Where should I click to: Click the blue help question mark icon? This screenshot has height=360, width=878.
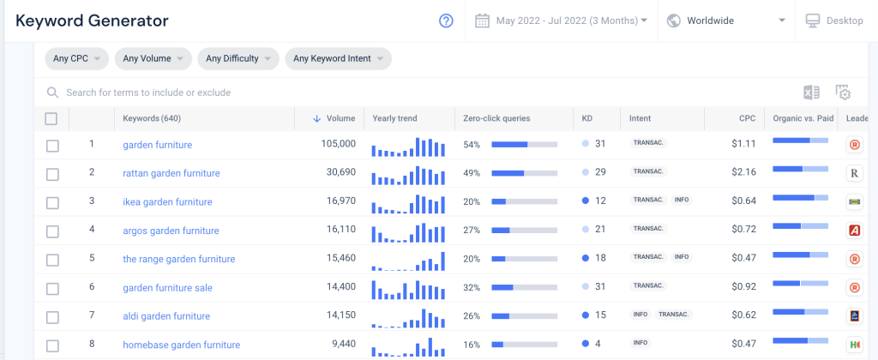pyautogui.click(x=446, y=21)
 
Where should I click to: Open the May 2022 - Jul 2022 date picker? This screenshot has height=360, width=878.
pyautogui.click(x=561, y=21)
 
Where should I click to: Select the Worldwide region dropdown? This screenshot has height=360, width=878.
pyautogui.click(x=726, y=21)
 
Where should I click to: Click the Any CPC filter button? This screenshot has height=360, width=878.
pyautogui.click(x=76, y=58)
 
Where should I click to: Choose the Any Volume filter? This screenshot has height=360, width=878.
pyautogui.click(x=153, y=58)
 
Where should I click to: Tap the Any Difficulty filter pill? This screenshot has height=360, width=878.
pyautogui.click(x=238, y=58)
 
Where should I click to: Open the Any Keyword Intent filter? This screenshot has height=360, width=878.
pyautogui.click(x=338, y=58)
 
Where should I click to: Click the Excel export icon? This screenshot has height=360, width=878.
pyautogui.click(x=811, y=93)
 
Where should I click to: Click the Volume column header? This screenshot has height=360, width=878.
pyautogui.click(x=334, y=118)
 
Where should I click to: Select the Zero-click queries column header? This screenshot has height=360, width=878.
pyautogui.click(x=496, y=118)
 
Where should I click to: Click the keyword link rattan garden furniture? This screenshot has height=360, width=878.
pyautogui.click(x=171, y=173)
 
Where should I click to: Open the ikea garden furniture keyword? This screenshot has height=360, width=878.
pyautogui.click(x=167, y=201)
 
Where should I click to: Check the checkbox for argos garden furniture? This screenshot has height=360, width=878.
pyautogui.click(x=52, y=231)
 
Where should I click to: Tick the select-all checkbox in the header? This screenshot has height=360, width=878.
pyautogui.click(x=51, y=118)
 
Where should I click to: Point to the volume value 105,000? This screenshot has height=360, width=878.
pyautogui.click(x=338, y=144)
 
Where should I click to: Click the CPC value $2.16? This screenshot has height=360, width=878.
pyautogui.click(x=743, y=172)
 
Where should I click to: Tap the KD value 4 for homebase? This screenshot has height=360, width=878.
pyautogui.click(x=598, y=343)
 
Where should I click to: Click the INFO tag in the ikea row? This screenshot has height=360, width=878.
pyautogui.click(x=682, y=200)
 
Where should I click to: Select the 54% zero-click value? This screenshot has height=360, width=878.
pyautogui.click(x=472, y=145)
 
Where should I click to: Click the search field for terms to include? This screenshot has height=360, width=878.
pyautogui.click(x=148, y=93)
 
